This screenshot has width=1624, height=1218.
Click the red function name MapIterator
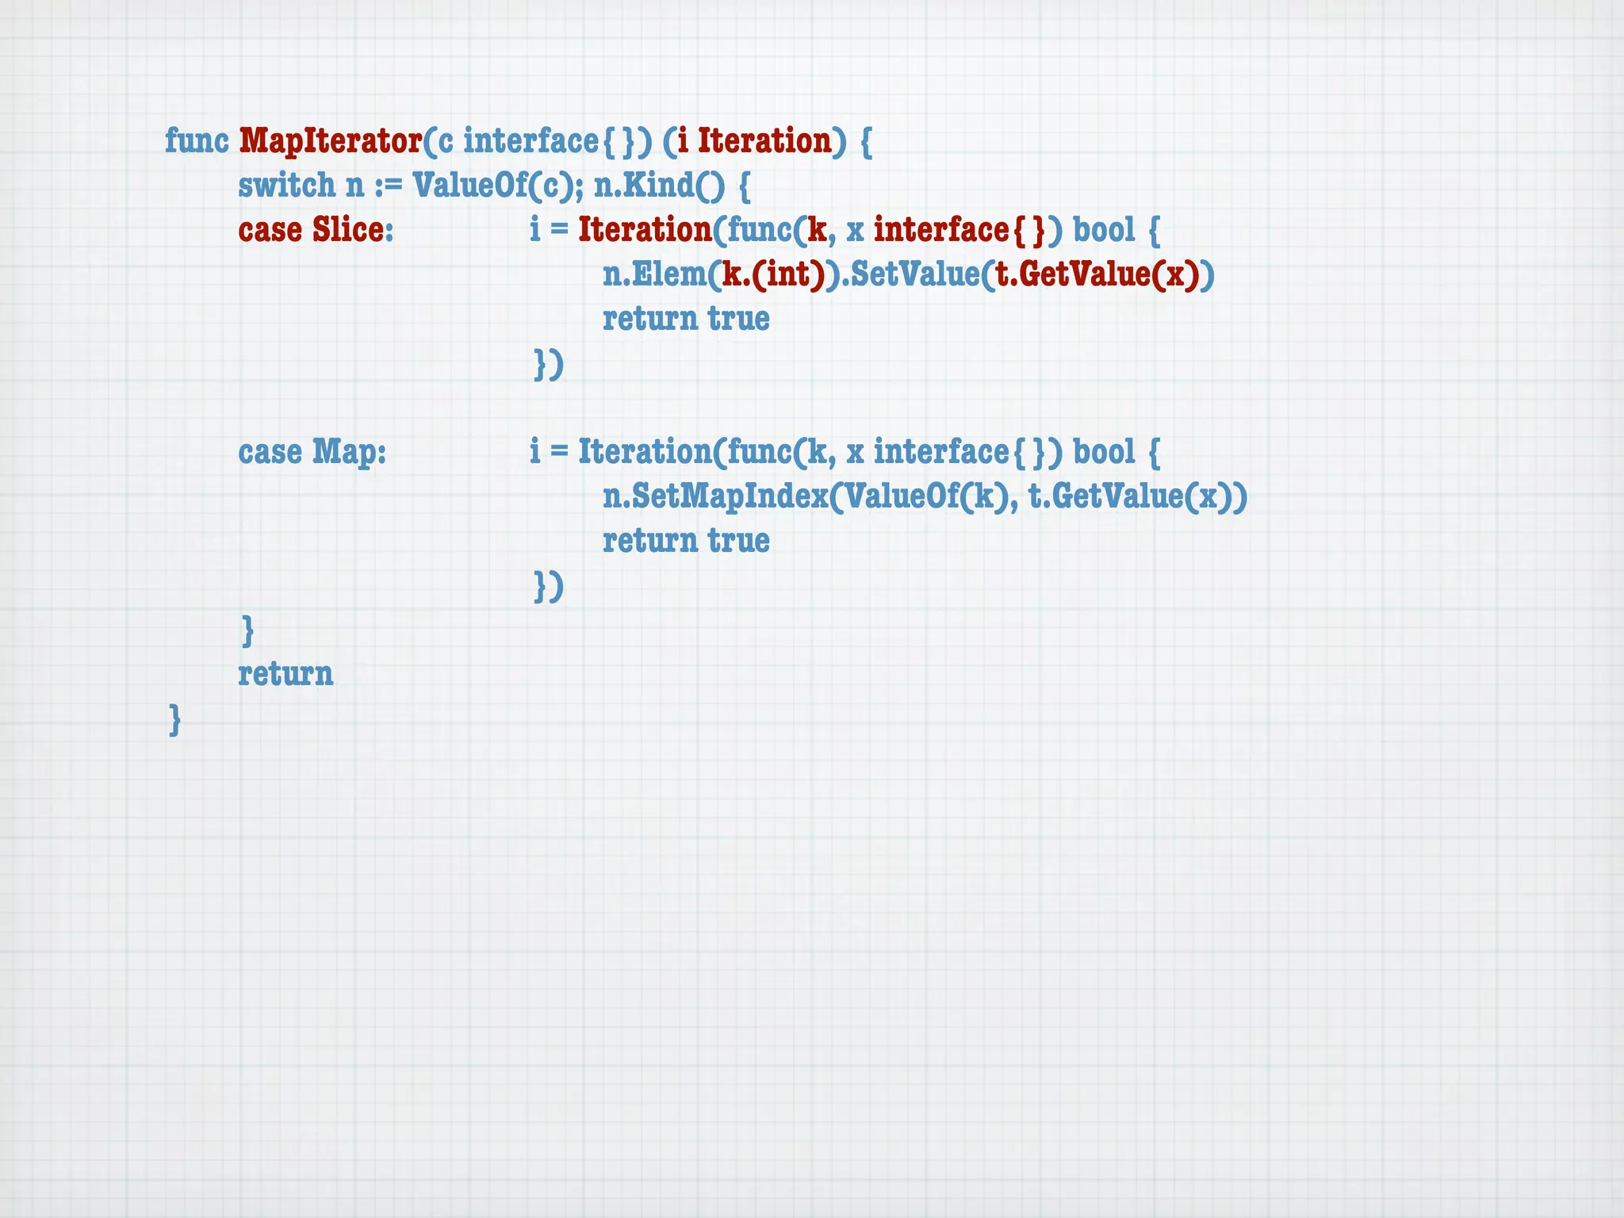pyautogui.click(x=330, y=141)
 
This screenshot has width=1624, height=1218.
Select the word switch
pyautogui.click(x=286, y=186)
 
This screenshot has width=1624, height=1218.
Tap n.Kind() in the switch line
pyautogui.click(x=658, y=186)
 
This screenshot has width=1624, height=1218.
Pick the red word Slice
pyautogui.click(x=348, y=230)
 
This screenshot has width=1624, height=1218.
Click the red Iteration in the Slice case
pyautogui.click(x=645, y=230)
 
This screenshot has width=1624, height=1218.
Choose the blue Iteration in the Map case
pyautogui.click(x=645, y=452)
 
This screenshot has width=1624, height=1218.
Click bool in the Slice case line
pyautogui.click(x=1104, y=230)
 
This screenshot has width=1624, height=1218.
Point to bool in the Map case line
pyautogui.click(x=1104, y=452)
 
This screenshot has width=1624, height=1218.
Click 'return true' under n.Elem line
pyautogui.click(x=686, y=319)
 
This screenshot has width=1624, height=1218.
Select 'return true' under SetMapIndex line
pyautogui.click(x=686, y=541)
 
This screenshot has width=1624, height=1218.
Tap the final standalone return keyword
pyautogui.click(x=285, y=674)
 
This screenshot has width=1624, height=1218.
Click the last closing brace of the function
pyautogui.click(x=175, y=720)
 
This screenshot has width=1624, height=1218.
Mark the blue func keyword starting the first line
pyautogui.click(x=197, y=141)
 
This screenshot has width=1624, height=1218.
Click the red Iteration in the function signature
pyautogui.click(x=764, y=141)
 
